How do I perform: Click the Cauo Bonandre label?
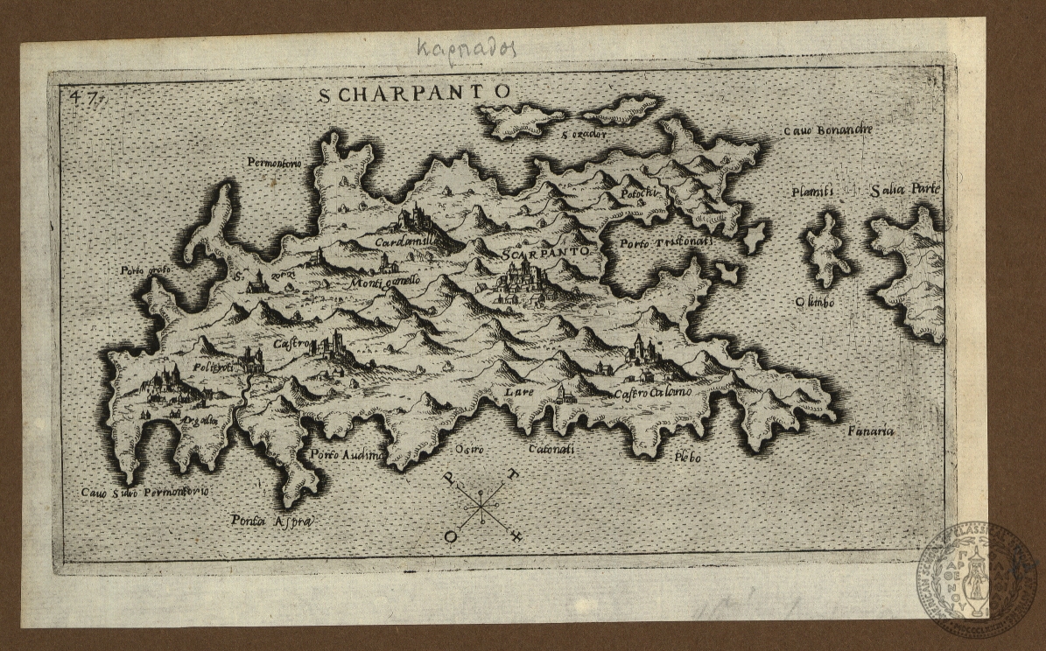pyautogui.click(x=827, y=130)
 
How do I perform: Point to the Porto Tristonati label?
pyautogui.click(x=665, y=241)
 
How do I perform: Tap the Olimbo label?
pyautogui.click(x=814, y=302)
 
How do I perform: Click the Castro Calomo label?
pyautogui.click(x=652, y=393)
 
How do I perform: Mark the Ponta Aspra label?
pyautogui.click(x=271, y=521)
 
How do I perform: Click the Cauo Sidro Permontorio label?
pyautogui.click(x=144, y=493)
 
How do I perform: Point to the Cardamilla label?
pyautogui.click(x=404, y=241)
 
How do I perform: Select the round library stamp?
pyautogui.click(x=977, y=577)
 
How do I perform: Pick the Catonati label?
pyautogui.click(x=551, y=450)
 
